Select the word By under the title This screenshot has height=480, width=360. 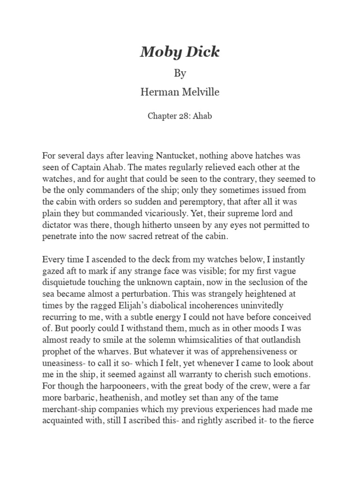180,74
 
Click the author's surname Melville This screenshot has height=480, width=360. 199,92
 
